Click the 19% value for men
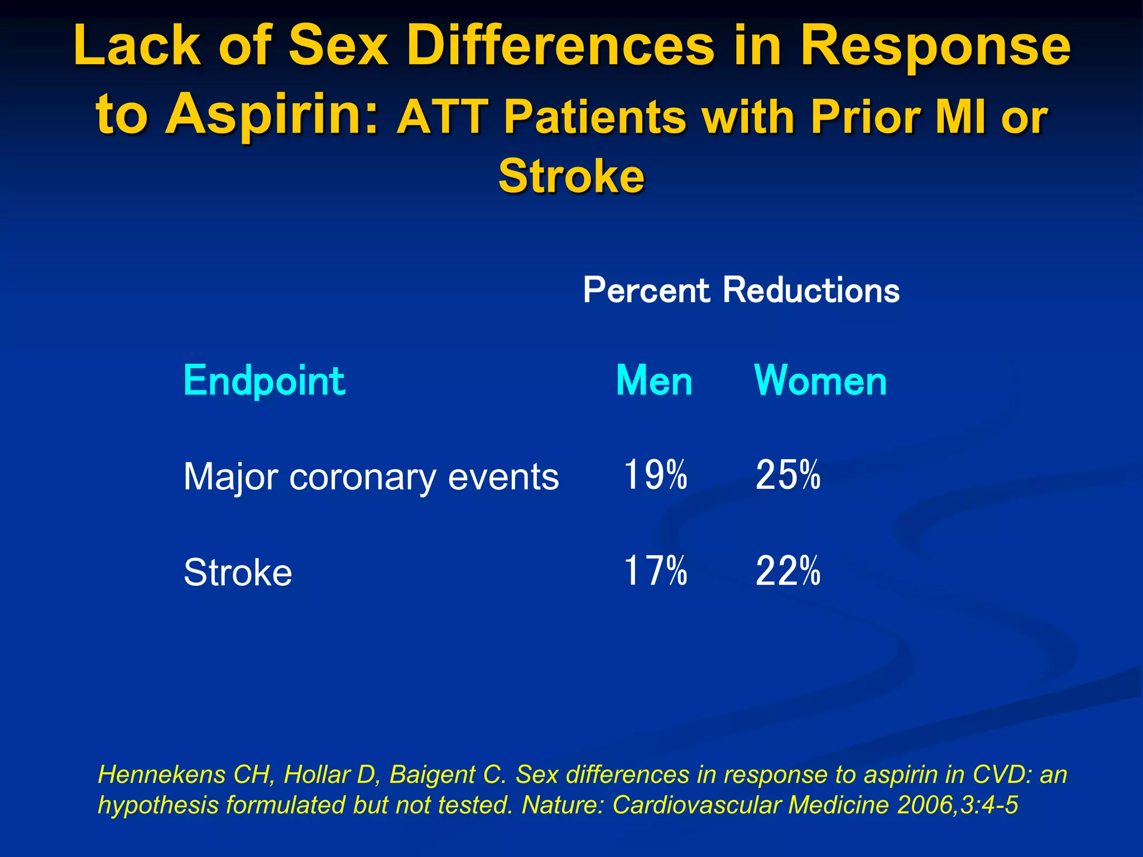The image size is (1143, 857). click(655, 475)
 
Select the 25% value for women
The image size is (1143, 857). click(787, 475)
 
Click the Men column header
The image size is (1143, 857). click(654, 381)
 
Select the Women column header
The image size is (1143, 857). click(820, 381)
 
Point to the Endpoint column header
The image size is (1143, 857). click(264, 381)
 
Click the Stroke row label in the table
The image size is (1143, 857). click(238, 572)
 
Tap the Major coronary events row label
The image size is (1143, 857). click(371, 478)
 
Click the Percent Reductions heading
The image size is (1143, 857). click(741, 290)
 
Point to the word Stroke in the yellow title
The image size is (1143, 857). click(571, 176)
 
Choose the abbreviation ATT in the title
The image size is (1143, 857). click(441, 117)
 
